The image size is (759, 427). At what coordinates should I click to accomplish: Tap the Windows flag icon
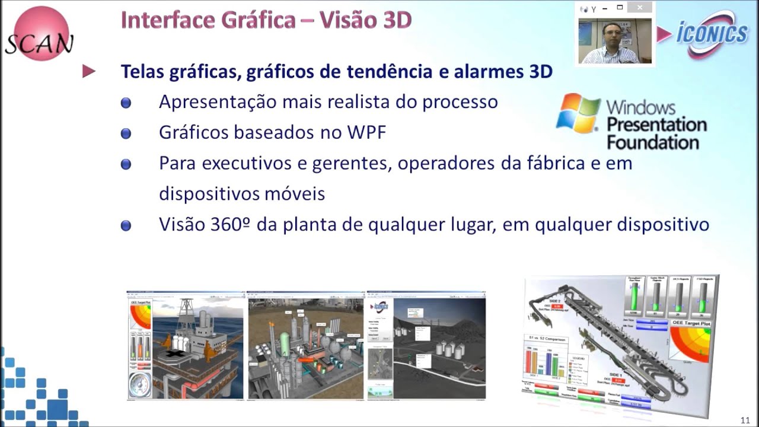[x=578, y=113]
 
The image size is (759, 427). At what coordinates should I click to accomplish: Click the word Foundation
[x=653, y=143]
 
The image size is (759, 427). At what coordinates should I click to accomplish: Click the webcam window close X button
[x=640, y=8]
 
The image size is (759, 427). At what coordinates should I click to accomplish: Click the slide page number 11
[x=745, y=420]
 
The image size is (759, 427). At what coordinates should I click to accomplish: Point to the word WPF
[x=366, y=132]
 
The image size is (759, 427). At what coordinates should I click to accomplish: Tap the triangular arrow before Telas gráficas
[x=89, y=72]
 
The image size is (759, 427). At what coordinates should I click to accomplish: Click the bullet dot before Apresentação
[x=126, y=103]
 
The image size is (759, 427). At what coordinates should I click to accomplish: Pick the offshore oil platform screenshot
[x=185, y=346]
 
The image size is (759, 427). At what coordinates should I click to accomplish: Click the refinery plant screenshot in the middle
[x=305, y=346]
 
